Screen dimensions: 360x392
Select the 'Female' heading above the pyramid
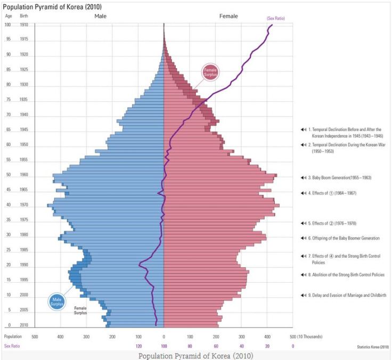click(x=228, y=17)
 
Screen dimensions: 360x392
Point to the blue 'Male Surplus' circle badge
click(x=57, y=302)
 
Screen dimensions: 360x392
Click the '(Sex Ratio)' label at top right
click(x=275, y=19)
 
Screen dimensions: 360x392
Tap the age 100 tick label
click(x=7, y=25)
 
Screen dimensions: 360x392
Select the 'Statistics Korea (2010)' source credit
click(x=373, y=347)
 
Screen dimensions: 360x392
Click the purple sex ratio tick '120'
click(x=138, y=346)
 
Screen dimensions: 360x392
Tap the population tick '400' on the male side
click(x=60, y=337)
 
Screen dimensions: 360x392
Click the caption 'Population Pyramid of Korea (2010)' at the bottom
click(x=195, y=355)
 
